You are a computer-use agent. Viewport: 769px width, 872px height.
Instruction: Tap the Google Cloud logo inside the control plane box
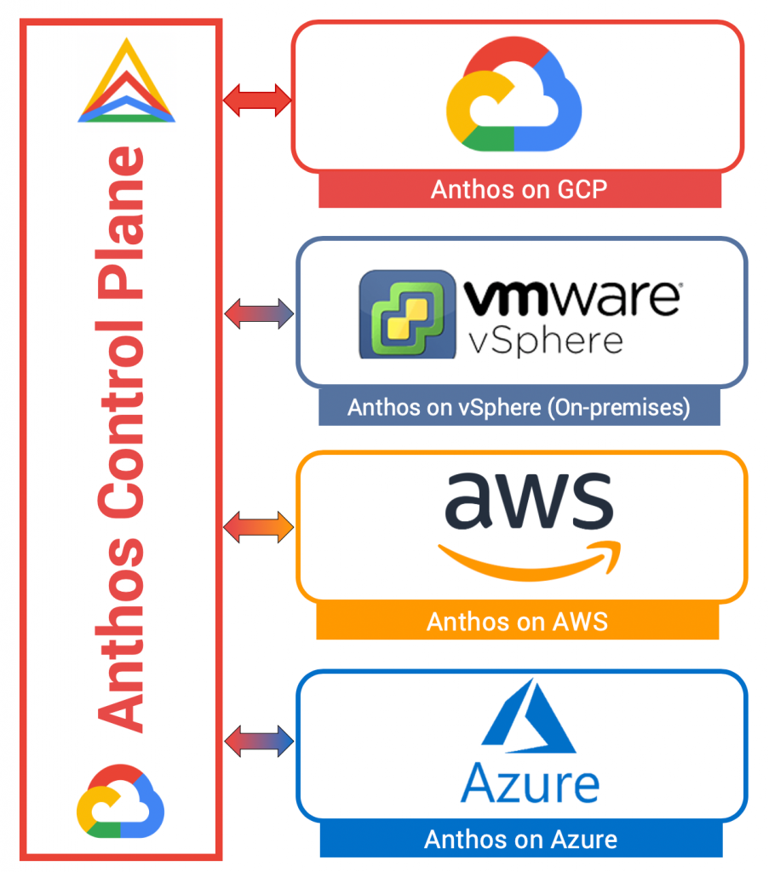(120, 800)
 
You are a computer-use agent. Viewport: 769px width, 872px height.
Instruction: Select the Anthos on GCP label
(519, 189)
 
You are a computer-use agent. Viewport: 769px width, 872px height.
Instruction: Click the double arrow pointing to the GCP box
(257, 101)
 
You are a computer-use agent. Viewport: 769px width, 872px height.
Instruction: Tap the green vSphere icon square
(406, 314)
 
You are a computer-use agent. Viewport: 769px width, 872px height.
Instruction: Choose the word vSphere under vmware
(546, 341)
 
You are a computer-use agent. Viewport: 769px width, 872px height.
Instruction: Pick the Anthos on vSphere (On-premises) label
(519, 408)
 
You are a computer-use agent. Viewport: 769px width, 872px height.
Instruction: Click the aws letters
(527, 502)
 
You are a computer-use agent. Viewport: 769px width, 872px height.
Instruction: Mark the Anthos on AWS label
(517, 622)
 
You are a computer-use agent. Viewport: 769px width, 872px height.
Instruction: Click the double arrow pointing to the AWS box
(258, 527)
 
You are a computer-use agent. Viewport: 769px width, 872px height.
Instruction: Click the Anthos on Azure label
(520, 840)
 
